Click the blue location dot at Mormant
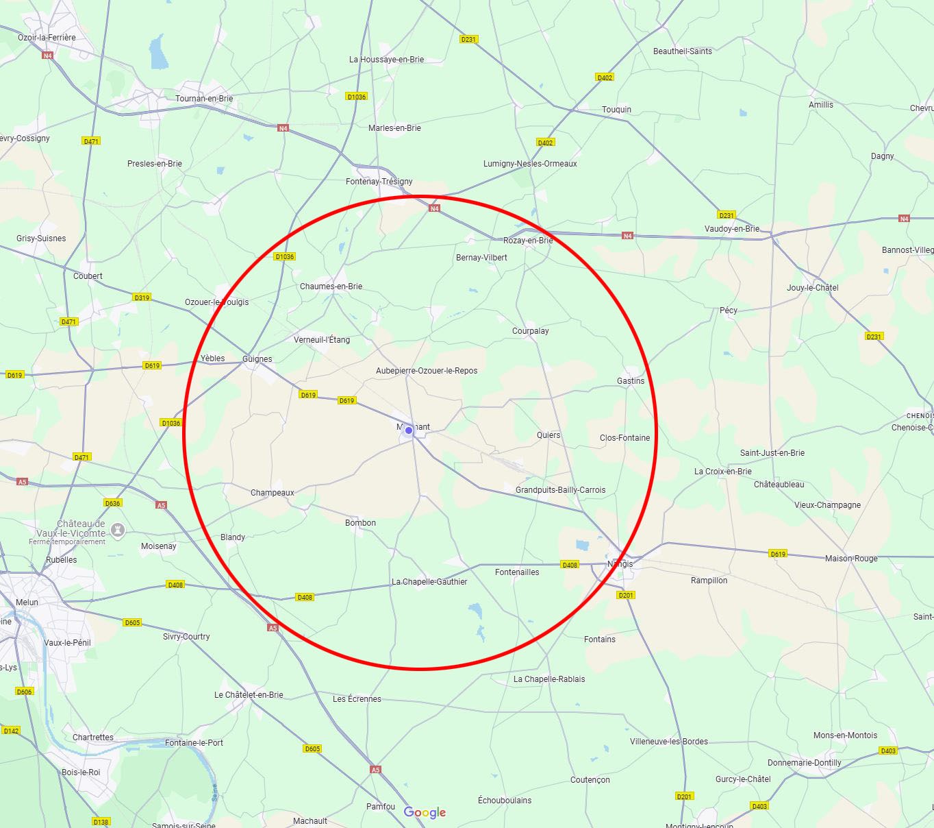[409, 430]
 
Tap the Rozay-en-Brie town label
[527, 241]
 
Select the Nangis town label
[620, 564]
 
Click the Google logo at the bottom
[425, 812]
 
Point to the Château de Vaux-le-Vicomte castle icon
[118, 530]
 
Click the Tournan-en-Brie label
[204, 99]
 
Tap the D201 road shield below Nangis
[626, 595]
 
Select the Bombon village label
[360, 523]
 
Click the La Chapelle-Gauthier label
[429, 582]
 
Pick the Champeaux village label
[273, 493]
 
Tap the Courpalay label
[531, 331]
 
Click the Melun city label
[27, 602]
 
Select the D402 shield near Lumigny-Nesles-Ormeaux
[545, 143]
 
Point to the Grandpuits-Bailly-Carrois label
[560, 490]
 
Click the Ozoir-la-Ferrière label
[47, 38]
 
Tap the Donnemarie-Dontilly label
[805, 763]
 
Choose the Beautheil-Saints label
[683, 51]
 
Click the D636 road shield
[113, 503]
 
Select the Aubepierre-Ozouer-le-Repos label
[427, 371]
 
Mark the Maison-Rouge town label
[851, 559]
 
